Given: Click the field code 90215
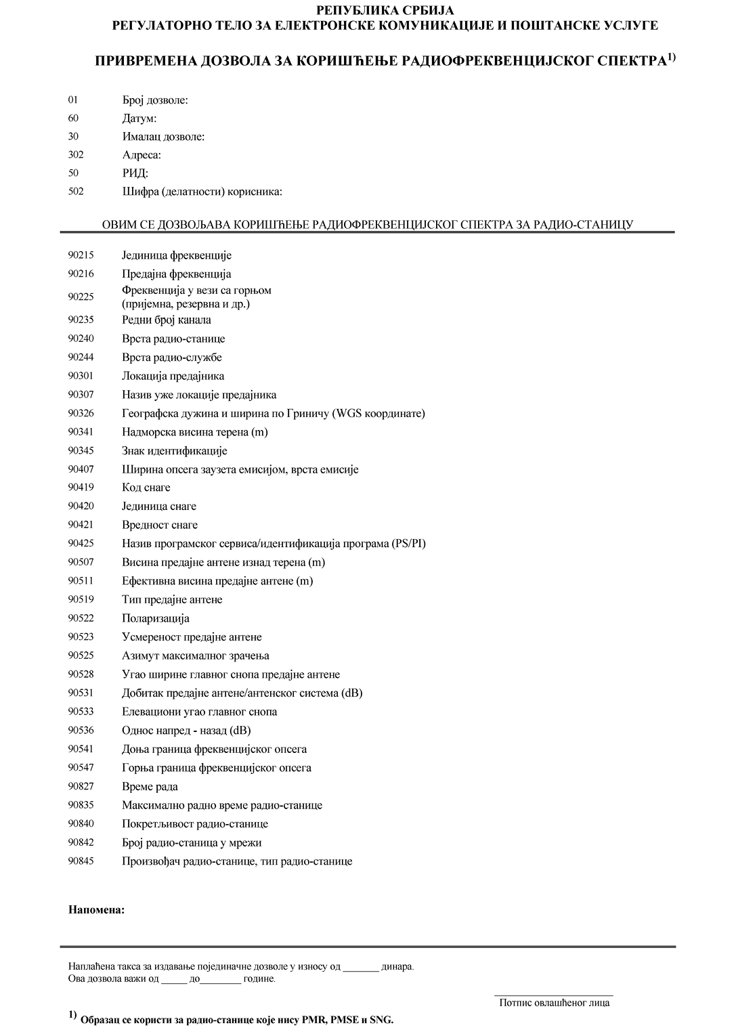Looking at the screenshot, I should click(x=81, y=255).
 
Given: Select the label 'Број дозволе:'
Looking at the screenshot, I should click(x=155, y=100).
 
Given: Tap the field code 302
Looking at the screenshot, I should click(x=76, y=155).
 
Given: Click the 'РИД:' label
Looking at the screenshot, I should click(x=135, y=173).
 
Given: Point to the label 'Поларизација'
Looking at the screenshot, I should click(x=156, y=618).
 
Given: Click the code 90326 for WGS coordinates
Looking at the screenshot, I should click(x=81, y=413).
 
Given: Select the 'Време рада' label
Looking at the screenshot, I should click(x=150, y=787).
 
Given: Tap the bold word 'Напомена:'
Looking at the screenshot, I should click(x=96, y=909).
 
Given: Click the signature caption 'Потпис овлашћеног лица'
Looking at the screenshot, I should click(x=554, y=1003).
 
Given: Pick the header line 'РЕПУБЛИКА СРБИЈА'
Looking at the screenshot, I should click(x=385, y=10).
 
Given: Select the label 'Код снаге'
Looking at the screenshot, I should click(x=146, y=488).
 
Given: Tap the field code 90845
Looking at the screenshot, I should click(x=81, y=861).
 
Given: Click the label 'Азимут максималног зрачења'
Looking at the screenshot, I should click(x=196, y=655).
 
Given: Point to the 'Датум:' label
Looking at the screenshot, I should click(x=139, y=118).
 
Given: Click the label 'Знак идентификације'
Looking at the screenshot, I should click(x=175, y=451).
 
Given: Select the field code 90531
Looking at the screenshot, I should click(x=81, y=693).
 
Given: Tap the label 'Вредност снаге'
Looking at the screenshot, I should click(x=160, y=525).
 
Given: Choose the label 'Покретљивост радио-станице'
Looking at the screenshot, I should click(x=195, y=824).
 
